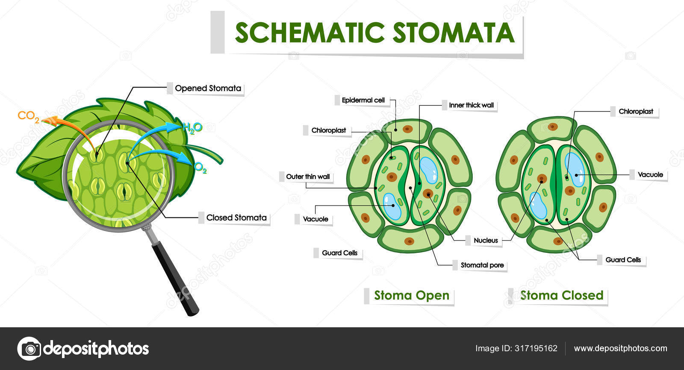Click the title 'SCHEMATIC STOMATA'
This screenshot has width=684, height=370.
coord(374,33)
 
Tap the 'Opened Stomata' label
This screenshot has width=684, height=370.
coord(208,88)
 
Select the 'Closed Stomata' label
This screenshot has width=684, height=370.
coord(236,217)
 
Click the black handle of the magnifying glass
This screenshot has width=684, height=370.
coord(175,278)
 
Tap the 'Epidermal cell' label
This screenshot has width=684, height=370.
coord(363,100)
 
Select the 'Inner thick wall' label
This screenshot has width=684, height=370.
coord(471,105)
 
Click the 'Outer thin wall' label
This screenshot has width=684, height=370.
coord(307,176)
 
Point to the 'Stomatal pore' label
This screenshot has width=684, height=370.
coord(482,265)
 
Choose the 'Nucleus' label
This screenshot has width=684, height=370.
coord(486,241)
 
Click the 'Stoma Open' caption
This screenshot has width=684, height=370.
coord(411,295)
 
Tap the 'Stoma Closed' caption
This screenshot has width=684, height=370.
coord(561,295)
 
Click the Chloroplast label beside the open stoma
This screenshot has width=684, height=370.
coord(328,130)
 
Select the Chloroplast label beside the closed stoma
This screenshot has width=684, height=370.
coord(636,112)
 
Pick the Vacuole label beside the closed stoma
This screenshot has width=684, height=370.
coord(650,174)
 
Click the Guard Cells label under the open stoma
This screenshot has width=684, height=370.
coord(339,253)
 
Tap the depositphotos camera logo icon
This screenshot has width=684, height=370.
coord(29,349)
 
